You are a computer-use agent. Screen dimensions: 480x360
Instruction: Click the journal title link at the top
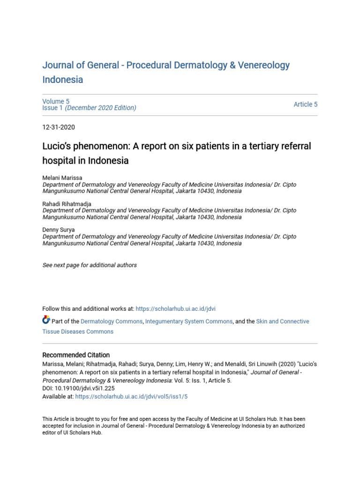166,65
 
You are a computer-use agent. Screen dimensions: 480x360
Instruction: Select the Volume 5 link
56,101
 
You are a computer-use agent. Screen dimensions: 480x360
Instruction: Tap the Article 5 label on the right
305,105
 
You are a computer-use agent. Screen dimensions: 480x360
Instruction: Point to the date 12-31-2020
59,127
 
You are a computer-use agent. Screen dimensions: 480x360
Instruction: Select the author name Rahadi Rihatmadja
67,204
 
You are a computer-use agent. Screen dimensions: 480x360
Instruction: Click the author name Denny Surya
58,230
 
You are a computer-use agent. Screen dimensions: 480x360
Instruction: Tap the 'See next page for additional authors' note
90,265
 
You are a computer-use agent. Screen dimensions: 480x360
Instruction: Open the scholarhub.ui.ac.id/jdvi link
175,309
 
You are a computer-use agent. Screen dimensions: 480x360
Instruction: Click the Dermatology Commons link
112,322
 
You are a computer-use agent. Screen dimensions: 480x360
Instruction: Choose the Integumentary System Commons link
189,322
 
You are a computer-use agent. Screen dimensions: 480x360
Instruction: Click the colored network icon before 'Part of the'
46,321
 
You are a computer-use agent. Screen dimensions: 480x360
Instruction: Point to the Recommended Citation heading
76,355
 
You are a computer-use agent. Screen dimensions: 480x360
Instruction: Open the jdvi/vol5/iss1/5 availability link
131,396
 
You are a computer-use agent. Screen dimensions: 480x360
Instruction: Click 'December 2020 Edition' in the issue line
101,108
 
